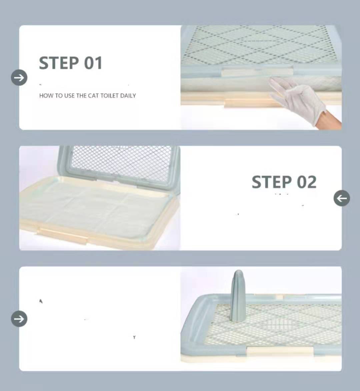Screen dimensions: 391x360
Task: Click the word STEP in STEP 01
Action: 58,63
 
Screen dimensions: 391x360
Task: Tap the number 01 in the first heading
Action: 93,63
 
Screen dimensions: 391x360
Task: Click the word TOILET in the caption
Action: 109,96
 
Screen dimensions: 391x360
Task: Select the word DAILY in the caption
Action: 128,96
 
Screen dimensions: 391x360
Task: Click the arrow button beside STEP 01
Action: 19,78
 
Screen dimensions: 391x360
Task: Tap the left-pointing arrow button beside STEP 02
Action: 342,198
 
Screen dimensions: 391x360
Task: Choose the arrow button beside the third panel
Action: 19,319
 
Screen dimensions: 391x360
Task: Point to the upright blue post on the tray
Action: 238,296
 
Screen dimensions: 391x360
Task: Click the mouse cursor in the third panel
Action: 41,301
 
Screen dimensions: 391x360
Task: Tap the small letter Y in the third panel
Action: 134,337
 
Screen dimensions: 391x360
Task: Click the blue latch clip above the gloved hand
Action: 258,71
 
